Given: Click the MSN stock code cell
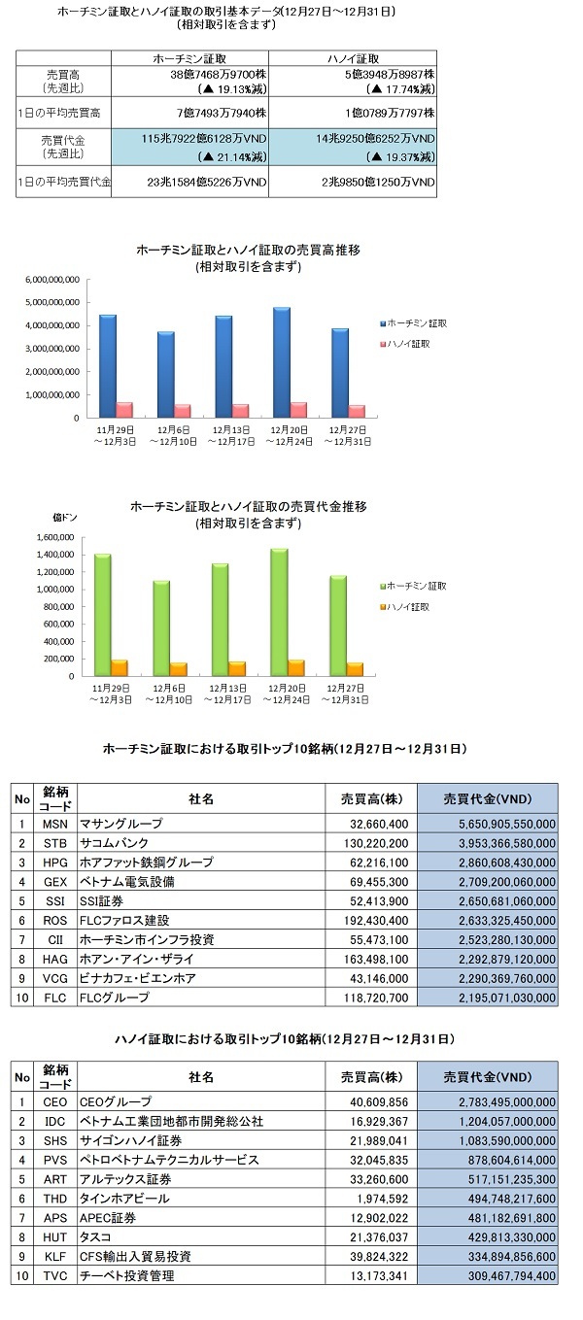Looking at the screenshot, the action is point(54,824).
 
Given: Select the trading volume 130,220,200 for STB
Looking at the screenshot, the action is point(376,843).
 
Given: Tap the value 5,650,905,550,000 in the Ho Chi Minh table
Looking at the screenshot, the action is point(507,824).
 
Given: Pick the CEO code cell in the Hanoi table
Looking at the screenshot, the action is point(54,1102).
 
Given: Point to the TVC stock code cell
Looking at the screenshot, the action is point(54,1275).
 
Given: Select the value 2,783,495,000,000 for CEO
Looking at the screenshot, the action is point(507,1102).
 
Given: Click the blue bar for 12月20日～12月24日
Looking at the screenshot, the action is point(281,362).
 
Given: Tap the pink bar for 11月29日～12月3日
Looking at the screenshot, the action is point(124,410).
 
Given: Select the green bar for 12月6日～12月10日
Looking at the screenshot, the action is point(161,628).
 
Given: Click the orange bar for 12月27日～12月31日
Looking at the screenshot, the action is point(355,669).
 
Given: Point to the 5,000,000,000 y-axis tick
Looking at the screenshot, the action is point(51,302).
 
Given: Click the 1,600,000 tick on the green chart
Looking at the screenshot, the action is point(55,537).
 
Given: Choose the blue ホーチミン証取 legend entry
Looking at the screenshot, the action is point(413,323).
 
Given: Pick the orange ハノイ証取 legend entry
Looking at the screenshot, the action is point(405,607).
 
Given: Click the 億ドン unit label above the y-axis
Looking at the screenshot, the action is point(65,518).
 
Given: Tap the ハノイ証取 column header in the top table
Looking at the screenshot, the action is point(353,59).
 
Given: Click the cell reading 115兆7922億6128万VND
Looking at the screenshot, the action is point(203,139).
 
